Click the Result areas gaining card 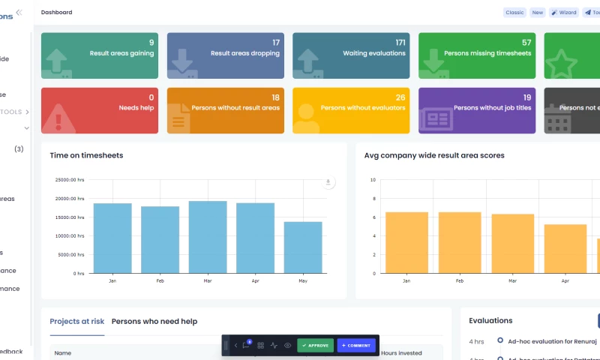(x=100, y=55)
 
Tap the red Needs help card (x=100, y=109)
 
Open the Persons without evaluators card (x=351, y=109)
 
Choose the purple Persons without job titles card (x=477, y=109)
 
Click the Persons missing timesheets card (x=477, y=55)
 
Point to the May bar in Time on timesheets (x=303, y=247)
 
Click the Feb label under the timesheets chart (x=160, y=280)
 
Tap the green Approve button (x=315, y=346)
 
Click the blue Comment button (x=355, y=346)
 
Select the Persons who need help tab (x=154, y=321)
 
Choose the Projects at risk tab (x=76, y=321)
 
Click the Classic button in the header (x=514, y=13)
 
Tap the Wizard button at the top (x=563, y=13)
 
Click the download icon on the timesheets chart (x=328, y=182)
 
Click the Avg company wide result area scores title (x=434, y=155)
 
